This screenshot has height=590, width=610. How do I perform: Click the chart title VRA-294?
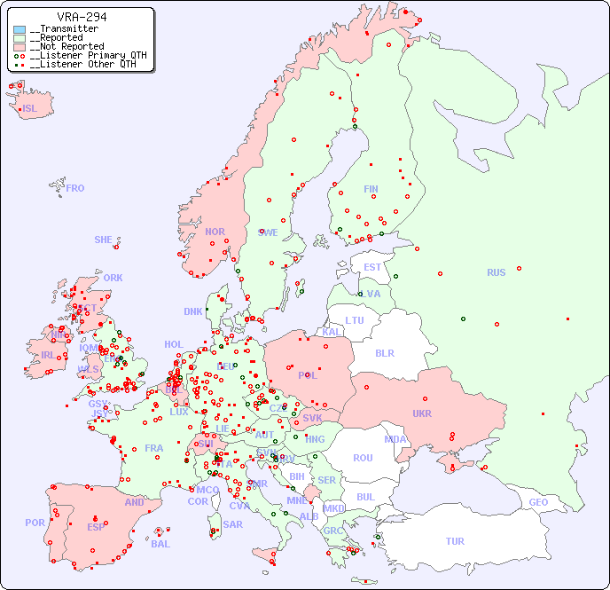coord(82,17)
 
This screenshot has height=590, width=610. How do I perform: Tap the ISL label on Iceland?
coord(30,109)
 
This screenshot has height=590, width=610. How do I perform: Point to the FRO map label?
coord(75,188)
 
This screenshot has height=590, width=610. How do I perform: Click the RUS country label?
coord(496,272)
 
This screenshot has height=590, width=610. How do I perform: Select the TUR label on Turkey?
coord(455,541)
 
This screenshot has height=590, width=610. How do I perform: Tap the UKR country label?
coord(421,413)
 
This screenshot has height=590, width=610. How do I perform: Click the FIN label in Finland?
coord(371,189)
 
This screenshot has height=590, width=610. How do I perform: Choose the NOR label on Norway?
coord(215,232)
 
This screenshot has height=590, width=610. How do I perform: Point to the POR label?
coord(35,523)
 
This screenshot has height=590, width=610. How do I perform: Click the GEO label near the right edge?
coord(538,502)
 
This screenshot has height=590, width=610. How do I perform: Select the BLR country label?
coord(384,352)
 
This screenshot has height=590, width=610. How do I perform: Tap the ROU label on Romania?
coord(363,458)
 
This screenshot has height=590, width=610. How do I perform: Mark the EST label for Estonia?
coord(372,267)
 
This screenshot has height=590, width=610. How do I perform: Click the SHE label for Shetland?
coord(104,240)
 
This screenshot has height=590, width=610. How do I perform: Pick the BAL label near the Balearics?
coord(160,544)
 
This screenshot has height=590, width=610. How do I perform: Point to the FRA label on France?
coord(154,448)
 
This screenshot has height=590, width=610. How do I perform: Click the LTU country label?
coord(355,320)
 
